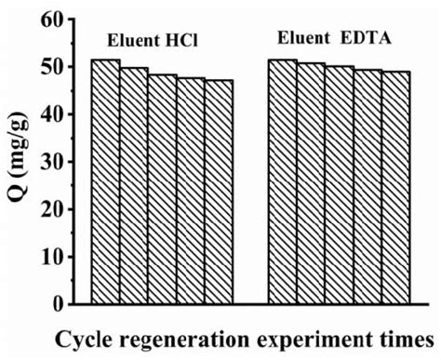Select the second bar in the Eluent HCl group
[134, 185]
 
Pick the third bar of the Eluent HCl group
[163, 189]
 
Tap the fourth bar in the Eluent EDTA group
[368, 187]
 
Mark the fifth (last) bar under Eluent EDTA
[396, 188]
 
